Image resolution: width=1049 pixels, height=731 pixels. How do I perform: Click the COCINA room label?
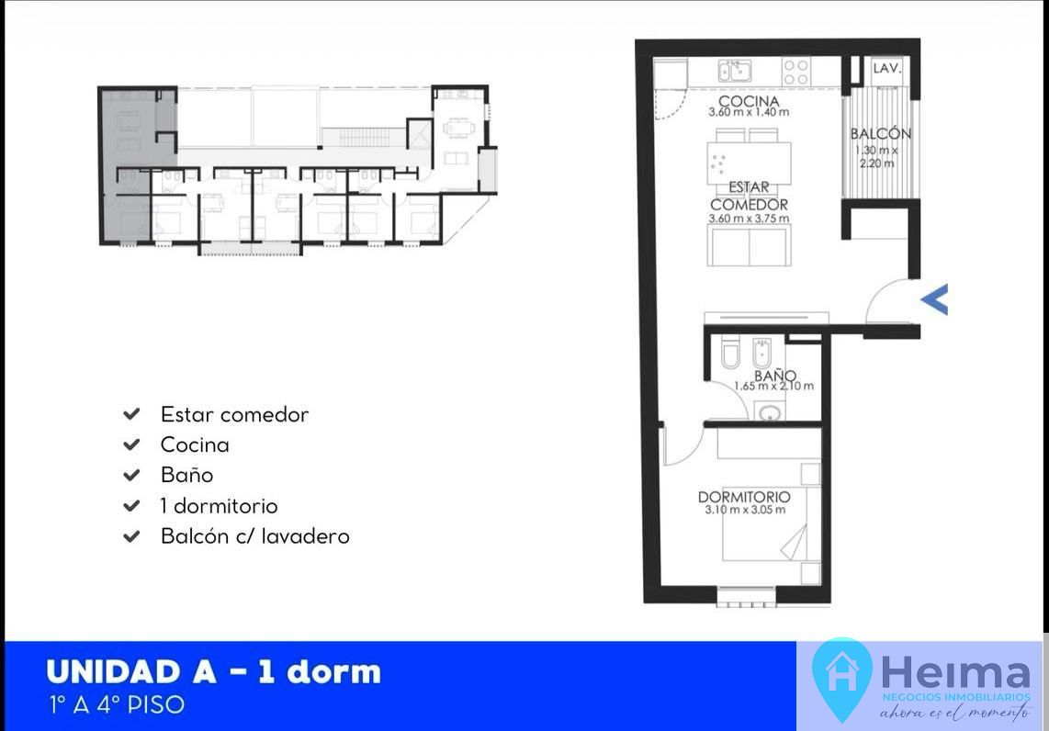pos(749,101)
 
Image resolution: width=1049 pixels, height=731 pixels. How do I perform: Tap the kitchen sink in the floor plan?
pos(735,70)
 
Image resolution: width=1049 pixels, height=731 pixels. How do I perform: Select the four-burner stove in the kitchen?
pos(796,72)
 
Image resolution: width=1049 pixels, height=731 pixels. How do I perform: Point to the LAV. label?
pos(887,68)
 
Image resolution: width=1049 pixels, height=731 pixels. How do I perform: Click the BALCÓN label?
pos(880,134)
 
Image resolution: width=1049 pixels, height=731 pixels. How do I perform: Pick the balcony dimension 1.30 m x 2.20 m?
pos(876,156)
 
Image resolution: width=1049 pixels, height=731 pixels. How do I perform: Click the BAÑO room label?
pos(774,376)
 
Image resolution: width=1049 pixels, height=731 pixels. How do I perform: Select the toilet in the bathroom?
pos(730,354)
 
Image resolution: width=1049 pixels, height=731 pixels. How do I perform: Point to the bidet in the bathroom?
pos(762,353)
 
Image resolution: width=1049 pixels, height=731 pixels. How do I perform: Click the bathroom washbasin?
pos(770,411)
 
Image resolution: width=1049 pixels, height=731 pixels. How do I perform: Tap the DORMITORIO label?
pos(744,497)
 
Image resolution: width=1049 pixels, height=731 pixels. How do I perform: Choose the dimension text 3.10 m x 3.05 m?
pos(745,510)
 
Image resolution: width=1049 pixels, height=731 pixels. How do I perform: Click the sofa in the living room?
pos(750,245)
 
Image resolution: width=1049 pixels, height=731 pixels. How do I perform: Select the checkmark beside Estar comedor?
pos(131,414)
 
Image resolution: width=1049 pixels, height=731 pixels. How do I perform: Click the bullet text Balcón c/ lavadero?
pos(254,536)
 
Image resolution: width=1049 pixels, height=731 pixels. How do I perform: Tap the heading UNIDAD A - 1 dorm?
pos(213,672)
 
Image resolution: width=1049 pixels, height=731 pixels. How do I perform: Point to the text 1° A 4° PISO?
pos(117,705)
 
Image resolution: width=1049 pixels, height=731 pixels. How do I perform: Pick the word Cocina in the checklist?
pos(195,444)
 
